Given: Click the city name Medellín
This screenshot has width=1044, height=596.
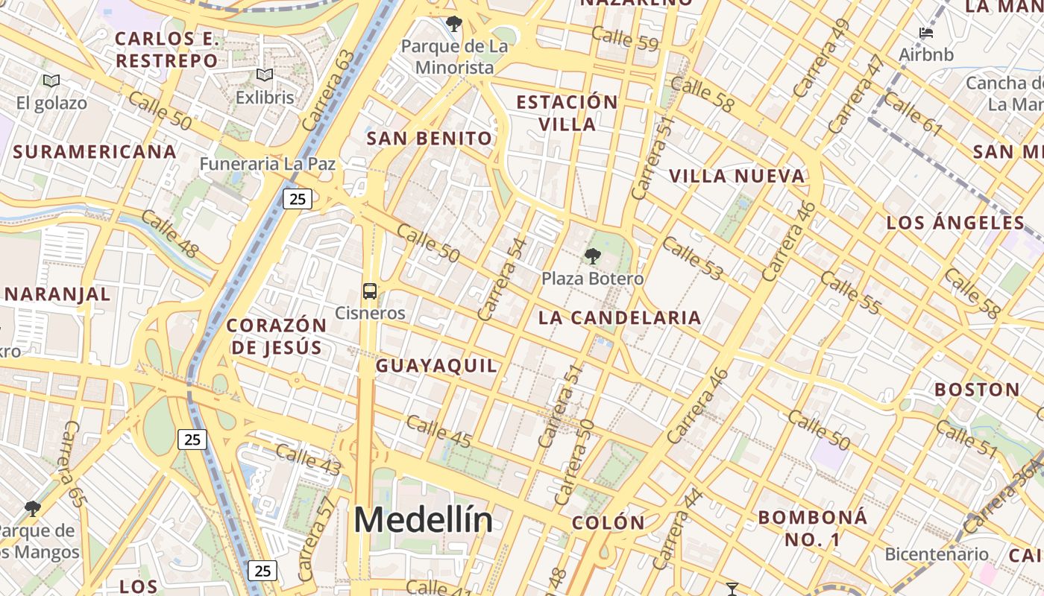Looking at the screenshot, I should [x=423, y=520].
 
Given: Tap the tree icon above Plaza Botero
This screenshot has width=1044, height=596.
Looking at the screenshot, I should [x=593, y=257].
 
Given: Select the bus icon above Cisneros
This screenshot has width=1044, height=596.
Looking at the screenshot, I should [x=370, y=291].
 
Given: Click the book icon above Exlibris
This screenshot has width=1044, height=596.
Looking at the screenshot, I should [x=265, y=75].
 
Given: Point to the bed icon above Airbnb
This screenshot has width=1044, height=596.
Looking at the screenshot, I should [x=926, y=34].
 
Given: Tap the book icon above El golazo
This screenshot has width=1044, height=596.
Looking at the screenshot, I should [x=51, y=81].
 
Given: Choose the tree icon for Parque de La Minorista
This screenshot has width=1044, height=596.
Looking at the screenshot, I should [x=453, y=25].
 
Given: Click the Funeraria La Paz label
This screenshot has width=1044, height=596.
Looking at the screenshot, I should [x=268, y=164].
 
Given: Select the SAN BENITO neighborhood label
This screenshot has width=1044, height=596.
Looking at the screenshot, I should [x=430, y=139].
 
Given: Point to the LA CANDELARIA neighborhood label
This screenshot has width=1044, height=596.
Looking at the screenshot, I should [x=620, y=318].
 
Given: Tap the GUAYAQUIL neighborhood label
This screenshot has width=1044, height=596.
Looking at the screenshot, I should [x=436, y=366].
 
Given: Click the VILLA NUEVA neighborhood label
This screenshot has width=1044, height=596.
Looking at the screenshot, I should [x=737, y=177].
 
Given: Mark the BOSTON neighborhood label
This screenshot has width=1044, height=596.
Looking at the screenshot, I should [x=977, y=390].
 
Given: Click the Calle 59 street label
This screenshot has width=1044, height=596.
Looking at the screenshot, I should [x=626, y=39].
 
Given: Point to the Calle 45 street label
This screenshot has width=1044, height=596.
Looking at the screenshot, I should [x=438, y=432].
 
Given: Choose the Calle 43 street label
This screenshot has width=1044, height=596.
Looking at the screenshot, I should [x=308, y=458].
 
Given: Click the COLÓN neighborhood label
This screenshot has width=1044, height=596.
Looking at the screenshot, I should [x=609, y=523].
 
